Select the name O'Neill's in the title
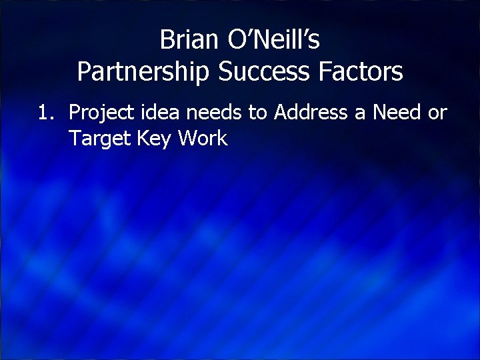[x=274, y=41]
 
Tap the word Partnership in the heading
[x=141, y=72]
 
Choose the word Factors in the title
[x=361, y=72]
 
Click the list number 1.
[x=44, y=113]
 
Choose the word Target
[x=97, y=139]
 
